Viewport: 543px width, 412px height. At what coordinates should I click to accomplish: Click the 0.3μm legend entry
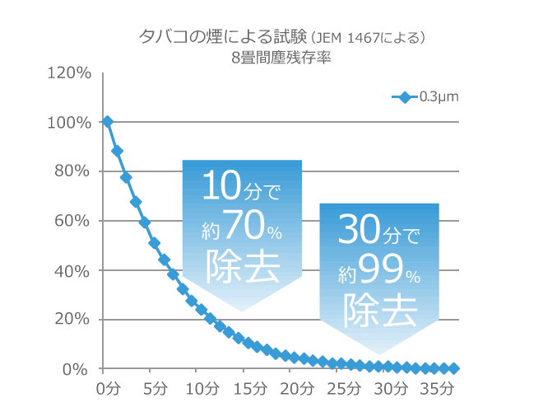click(x=425, y=97)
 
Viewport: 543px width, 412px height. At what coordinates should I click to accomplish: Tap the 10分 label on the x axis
click(x=202, y=387)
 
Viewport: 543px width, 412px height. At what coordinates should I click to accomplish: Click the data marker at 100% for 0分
click(x=108, y=122)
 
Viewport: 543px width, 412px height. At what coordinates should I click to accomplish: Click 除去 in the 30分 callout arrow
click(x=379, y=309)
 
